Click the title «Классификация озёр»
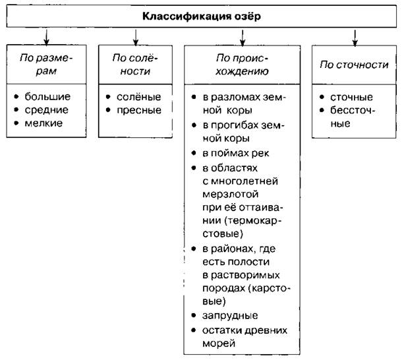(202, 16)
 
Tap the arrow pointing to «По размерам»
(46, 37)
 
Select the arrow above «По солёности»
(136, 38)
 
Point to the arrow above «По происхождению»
(243, 38)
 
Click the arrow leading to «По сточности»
(355, 38)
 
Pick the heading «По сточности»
(354, 65)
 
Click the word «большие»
(47, 97)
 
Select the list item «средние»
(46, 110)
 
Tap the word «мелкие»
(43, 123)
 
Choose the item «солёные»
(138, 97)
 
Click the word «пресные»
(139, 110)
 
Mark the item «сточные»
(351, 97)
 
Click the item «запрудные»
(230, 315)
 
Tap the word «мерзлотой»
(230, 194)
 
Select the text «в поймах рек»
(236, 153)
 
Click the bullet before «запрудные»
(194, 315)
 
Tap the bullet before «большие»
(16, 96)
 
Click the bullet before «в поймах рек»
(194, 153)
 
